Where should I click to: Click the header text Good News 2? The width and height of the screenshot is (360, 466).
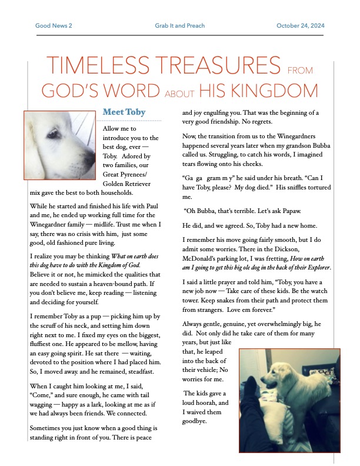[54, 26]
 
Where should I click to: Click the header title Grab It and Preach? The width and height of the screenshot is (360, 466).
[179, 26]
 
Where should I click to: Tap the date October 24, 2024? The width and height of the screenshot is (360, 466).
[300, 26]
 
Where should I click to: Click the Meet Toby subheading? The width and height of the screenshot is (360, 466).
[124, 112]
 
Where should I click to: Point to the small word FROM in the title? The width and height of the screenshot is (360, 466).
[300, 71]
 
